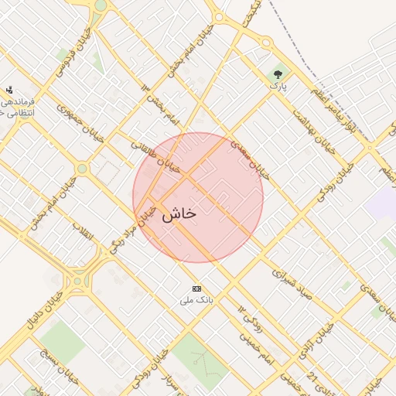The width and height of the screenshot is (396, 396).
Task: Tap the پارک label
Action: point(278,87)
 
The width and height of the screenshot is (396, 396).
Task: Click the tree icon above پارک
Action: point(278,73)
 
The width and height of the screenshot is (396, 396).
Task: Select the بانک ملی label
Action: point(196,299)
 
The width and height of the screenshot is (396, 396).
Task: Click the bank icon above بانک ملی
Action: point(196,288)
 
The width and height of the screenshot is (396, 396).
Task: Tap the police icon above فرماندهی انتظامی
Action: point(9,90)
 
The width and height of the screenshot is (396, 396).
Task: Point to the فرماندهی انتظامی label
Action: point(17,107)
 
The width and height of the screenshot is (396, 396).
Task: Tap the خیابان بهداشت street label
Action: point(312,131)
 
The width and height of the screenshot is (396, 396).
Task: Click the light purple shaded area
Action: point(381,203)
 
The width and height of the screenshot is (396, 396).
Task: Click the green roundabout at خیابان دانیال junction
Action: point(77,282)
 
